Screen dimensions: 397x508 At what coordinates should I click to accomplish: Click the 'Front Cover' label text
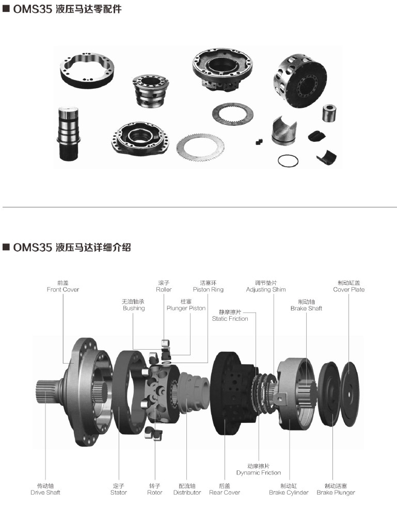point(63,289)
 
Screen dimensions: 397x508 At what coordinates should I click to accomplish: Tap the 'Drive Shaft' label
point(45,493)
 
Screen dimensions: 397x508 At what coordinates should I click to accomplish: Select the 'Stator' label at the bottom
point(118,493)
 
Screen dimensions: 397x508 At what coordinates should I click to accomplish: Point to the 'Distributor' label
point(187,493)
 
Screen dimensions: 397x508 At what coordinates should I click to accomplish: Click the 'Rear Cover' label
point(225,493)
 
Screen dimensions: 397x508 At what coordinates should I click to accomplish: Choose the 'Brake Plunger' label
point(336,493)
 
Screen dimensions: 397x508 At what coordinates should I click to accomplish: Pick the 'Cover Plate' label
point(348,289)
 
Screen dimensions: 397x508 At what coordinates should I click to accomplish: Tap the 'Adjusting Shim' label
point(266,289)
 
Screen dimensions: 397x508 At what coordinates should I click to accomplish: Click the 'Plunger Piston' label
point(186,308)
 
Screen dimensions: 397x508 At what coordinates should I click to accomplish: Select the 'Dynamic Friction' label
point(259,473)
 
